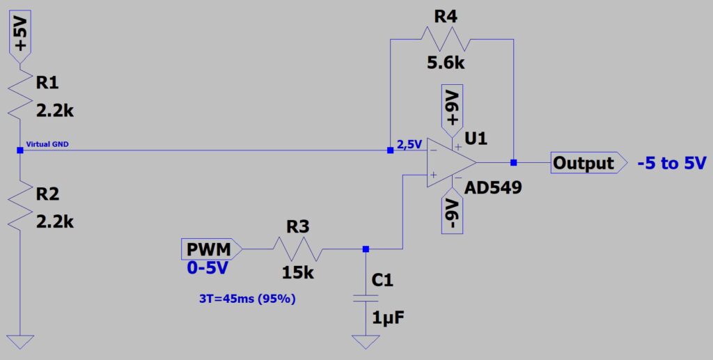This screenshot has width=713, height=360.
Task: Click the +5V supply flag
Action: [20, 37]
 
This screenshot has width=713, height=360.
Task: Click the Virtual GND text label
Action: [47, 145]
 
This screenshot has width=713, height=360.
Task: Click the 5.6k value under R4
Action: [446, 63]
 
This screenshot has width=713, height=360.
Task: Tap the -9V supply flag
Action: [453, 212]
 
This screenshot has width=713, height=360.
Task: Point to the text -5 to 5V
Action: [671, 164]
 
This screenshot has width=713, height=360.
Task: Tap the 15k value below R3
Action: [298, 272]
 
